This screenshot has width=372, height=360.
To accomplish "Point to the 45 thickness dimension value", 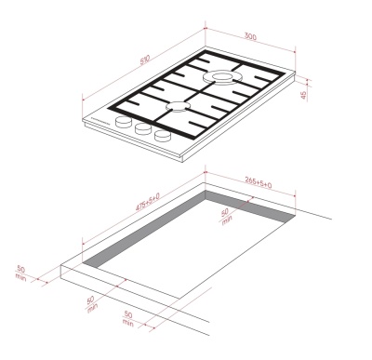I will [303, 96].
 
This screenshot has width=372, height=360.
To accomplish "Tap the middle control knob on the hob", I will [142, 130].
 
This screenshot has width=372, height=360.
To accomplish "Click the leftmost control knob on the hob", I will [124, 123].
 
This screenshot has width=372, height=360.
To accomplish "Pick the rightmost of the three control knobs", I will [163, 137].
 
